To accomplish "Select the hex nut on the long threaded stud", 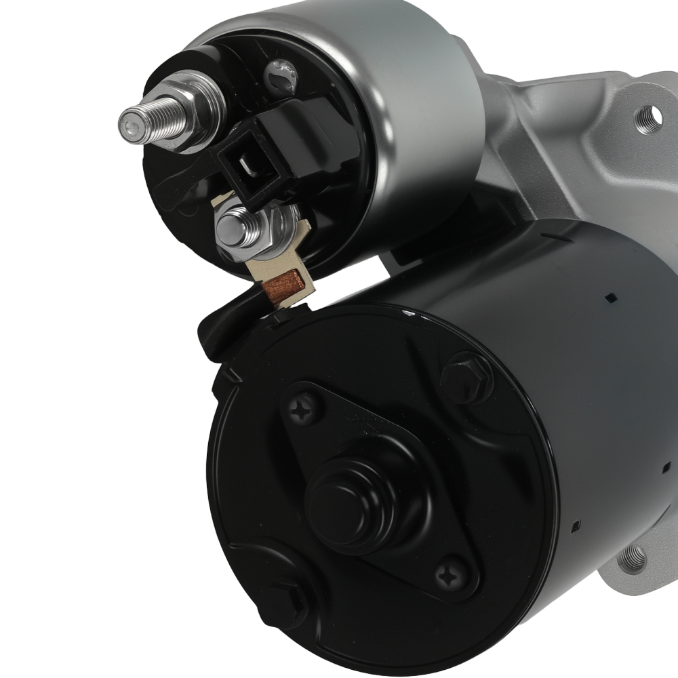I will click(x=197, y=108).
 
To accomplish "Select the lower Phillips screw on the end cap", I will click(x=449, y=576).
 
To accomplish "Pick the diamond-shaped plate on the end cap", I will click(x=380, y=488).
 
